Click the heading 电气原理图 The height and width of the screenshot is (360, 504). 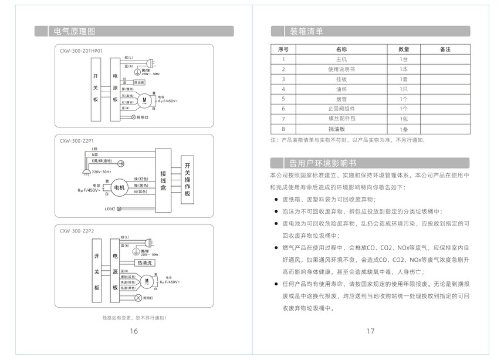(74, 31)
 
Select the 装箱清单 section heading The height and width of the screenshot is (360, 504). (306, 31)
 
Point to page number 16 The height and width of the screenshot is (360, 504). (134, 331)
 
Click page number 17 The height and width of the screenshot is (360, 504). (370, 331)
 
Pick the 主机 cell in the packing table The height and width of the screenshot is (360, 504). (341, 59)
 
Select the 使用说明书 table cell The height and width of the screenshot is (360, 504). (341, 69)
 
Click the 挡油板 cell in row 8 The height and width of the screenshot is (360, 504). (341, 129)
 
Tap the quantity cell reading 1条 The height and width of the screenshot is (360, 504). (404, 129)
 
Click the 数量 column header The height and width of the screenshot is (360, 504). (404, 49)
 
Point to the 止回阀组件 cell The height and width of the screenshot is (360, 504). (341, 109)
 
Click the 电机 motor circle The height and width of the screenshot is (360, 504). (120, 187)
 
